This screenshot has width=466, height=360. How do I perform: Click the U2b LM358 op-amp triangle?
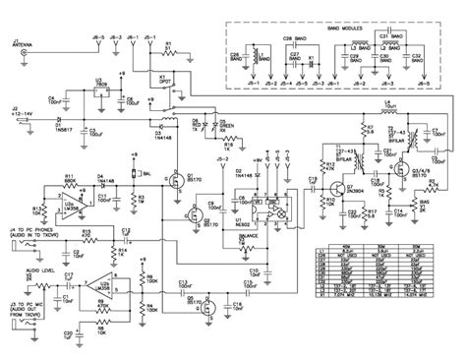point(92,285)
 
